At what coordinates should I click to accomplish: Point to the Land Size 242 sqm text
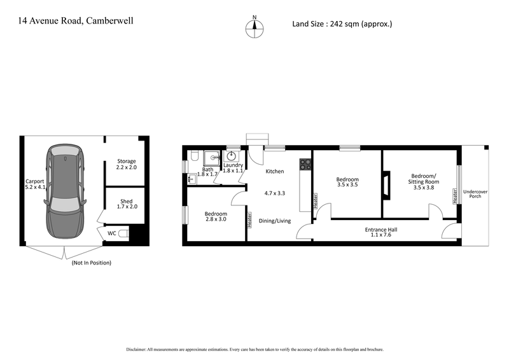[x=342, y=24]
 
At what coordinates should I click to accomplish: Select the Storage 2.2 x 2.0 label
[x=127, y=165]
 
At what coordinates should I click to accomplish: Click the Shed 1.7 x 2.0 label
[x=127, y=204]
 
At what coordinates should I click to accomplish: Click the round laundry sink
[x=232, y=156]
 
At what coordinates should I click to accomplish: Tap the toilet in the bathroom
[x=194, y=156]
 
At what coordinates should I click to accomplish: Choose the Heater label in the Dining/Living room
[x=249, y=220]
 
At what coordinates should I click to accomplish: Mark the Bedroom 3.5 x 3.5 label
[x=347, y=184]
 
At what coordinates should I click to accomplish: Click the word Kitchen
[x=274, y=172]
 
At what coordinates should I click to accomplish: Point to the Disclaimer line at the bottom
[x=254, y=349]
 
